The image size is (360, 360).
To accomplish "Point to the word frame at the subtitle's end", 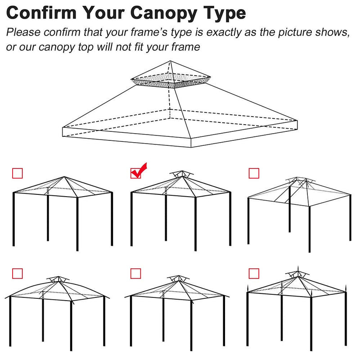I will tap(185, 47).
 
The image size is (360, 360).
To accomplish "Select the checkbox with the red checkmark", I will tap(135, 173).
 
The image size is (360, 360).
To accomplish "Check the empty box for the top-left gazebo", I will tap(17, 173).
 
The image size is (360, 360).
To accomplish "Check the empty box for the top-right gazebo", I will tap(254, 173).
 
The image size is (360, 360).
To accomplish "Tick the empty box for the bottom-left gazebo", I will tap(17, 273).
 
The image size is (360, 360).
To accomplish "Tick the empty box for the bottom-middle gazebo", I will tap(135, 273).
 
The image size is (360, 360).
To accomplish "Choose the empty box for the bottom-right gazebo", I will tap(254, 273).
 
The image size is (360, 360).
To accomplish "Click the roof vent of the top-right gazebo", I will tap(299, 181).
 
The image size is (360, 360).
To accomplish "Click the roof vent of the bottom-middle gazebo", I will tap(175, 279).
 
